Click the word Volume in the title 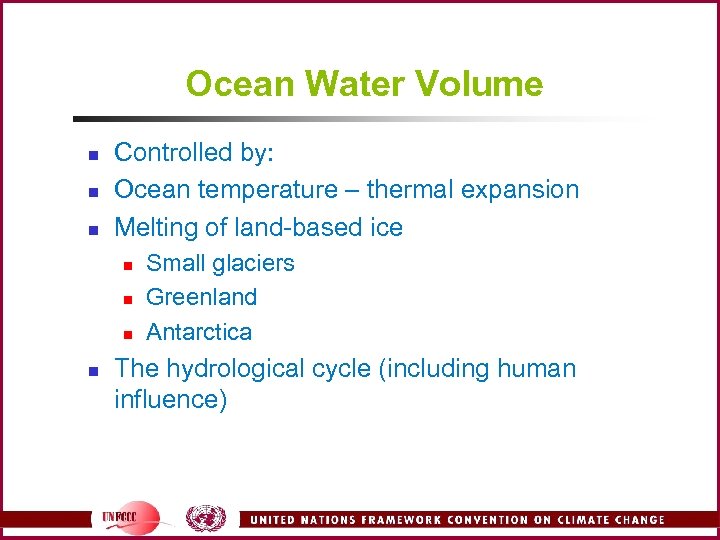[x=490, y=84]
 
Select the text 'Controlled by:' [x=194, y=153]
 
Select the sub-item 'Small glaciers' [x=220, y=264]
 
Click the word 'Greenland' [x=201, y=298]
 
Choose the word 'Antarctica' [x=199, y=332]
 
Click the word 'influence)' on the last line [x=171, y=401]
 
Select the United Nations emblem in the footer [x=206, y=518]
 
